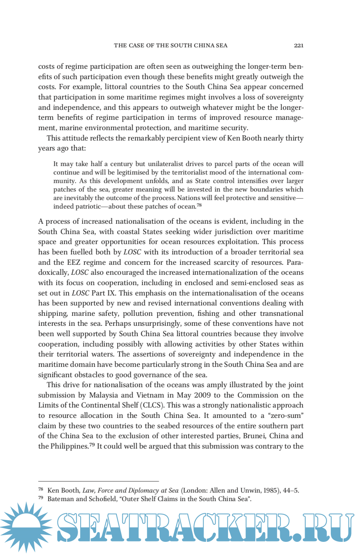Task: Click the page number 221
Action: [x=299, y=45]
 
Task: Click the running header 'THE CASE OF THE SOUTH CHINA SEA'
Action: [x=170, y=45]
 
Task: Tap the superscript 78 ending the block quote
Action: [x=199, y=205]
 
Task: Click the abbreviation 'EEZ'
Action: [x=74, y=263]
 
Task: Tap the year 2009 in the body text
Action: [x=202, y=395]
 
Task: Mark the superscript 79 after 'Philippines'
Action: [x=92, y=445]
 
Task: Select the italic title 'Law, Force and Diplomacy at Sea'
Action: [x=130, y=491]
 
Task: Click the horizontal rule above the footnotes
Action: [x=98, y=482]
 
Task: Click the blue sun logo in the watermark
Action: [x=26, y=527]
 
